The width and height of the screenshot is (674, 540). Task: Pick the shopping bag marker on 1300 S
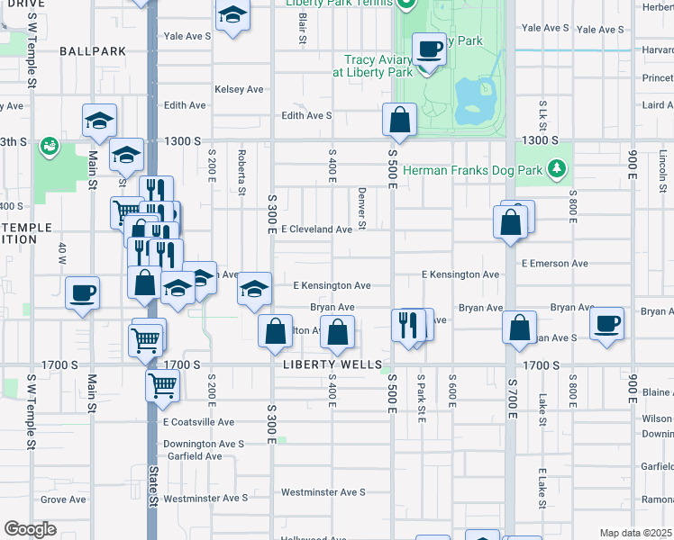(x=399, y=119)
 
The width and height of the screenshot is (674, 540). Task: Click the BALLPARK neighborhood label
(x=93, y=51)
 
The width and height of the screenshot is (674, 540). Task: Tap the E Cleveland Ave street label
(x=316, y=229)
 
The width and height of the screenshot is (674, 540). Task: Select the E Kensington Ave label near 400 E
(x=332, y=285)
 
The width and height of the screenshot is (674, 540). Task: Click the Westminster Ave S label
(x=323, y=492)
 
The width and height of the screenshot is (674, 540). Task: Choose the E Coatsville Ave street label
(x=198, y=421)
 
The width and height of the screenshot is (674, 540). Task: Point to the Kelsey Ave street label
(x=239, y=89)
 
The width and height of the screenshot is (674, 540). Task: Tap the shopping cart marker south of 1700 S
(x=162, y=384)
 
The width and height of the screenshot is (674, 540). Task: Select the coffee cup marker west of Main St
(x=83, y=292)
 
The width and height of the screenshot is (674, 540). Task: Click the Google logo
(x=30, y=529)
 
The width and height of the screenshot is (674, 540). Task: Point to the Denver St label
(x=360, y=207)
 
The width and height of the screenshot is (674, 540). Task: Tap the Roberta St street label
(x=241, y=172)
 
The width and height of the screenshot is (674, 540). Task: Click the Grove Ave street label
(x=63, y=499)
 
